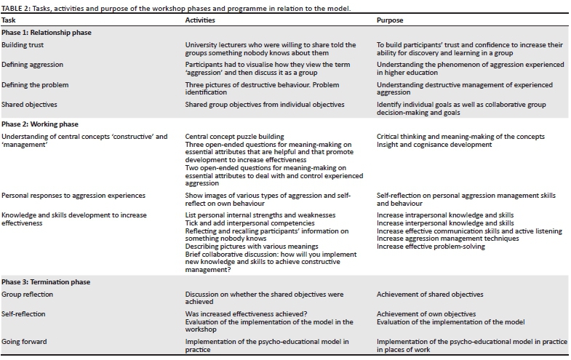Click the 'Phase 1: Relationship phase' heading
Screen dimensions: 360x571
[x=46, y=33]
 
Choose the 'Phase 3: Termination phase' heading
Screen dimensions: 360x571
[x=45, y=281]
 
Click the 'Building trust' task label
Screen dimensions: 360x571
[x=23, y=45]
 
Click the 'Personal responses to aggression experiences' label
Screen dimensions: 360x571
[x=73, y=196]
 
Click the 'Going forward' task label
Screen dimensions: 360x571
[x=24, y=340]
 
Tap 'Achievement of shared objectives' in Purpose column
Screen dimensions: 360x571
[x=429, y=294]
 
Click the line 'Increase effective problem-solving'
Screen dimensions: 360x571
[x=432, y=247]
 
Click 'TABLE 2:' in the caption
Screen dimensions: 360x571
[x=17, y=7]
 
